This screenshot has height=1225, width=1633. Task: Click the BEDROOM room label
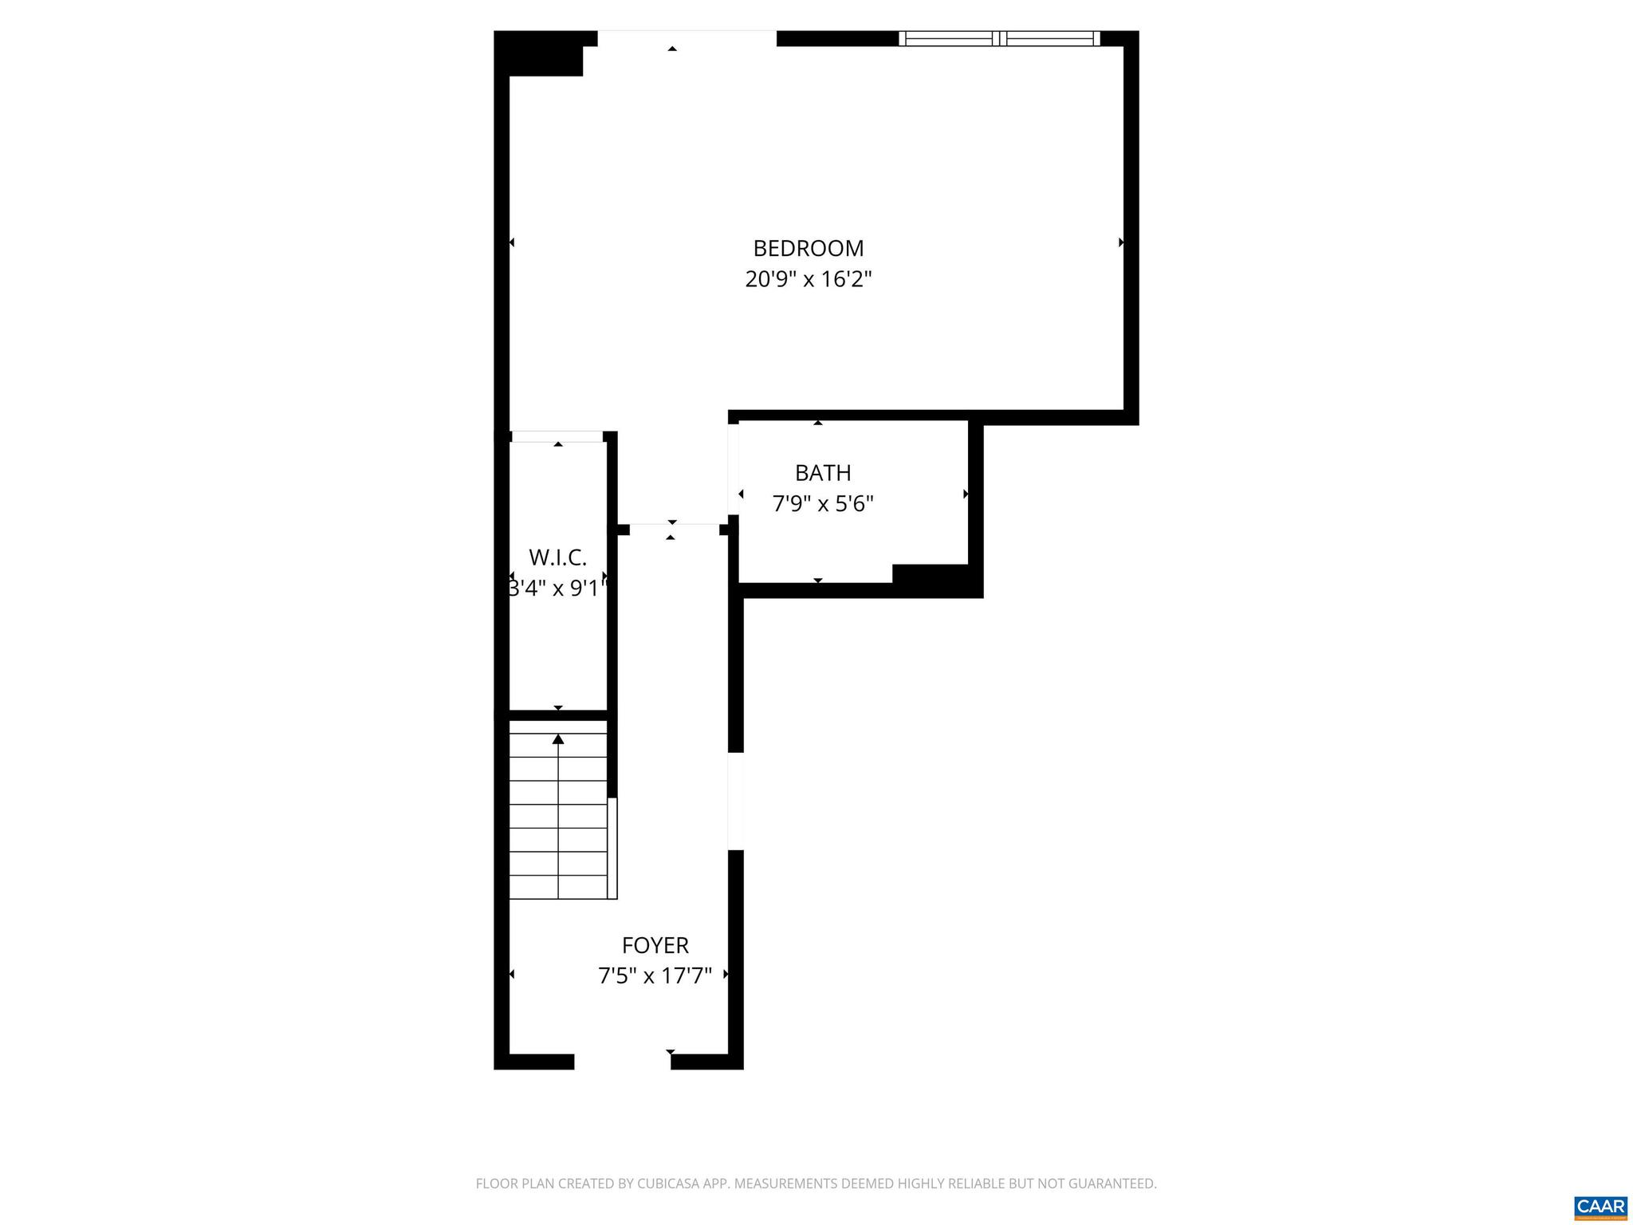tap(808, 249)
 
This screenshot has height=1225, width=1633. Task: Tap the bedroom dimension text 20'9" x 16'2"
tap(808, 280)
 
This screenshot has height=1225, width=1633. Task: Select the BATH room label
tap(823, 473)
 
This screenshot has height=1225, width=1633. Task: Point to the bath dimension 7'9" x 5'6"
tap(823, 504)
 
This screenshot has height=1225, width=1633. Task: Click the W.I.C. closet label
tap(557, 557)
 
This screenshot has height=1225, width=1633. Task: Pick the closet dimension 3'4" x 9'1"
tap(557, 589)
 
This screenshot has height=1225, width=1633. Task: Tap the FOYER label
tap(655, 945)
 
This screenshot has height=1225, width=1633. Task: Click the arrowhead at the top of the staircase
tap(558, 739)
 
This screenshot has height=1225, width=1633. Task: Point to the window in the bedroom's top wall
tap(999, 38)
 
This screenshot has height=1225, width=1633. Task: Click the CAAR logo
tap(1600, 1206)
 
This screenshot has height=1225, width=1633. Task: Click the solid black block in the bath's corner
tap(930, 576)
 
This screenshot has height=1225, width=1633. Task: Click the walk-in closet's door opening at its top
tap(557, 436)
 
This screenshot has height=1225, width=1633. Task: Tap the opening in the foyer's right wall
tap(736, 801)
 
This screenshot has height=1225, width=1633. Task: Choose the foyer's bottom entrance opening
tap(622, 1062)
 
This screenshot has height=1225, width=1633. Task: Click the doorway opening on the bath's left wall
tap(733, 469)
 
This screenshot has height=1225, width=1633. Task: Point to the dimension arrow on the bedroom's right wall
tap(1121, 242)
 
